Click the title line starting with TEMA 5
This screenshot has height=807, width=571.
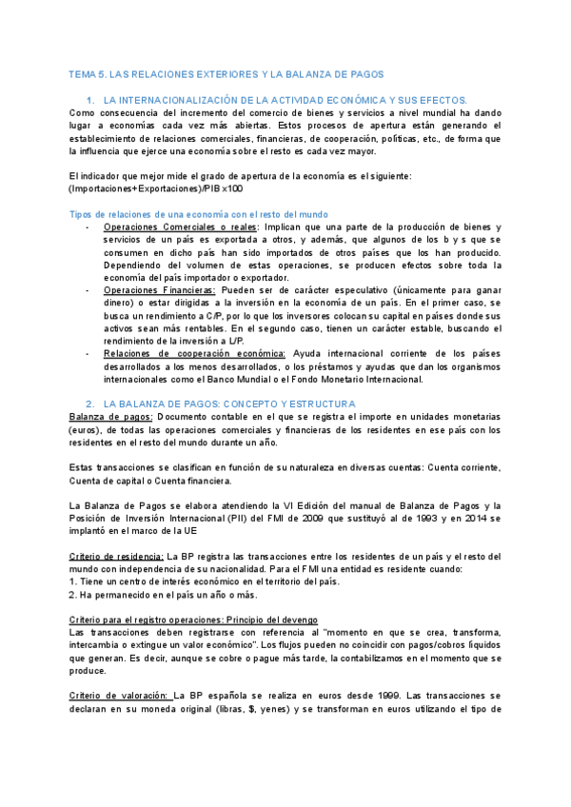(226, 74)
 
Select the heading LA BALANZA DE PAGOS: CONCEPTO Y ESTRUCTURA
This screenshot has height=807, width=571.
(228, 403)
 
